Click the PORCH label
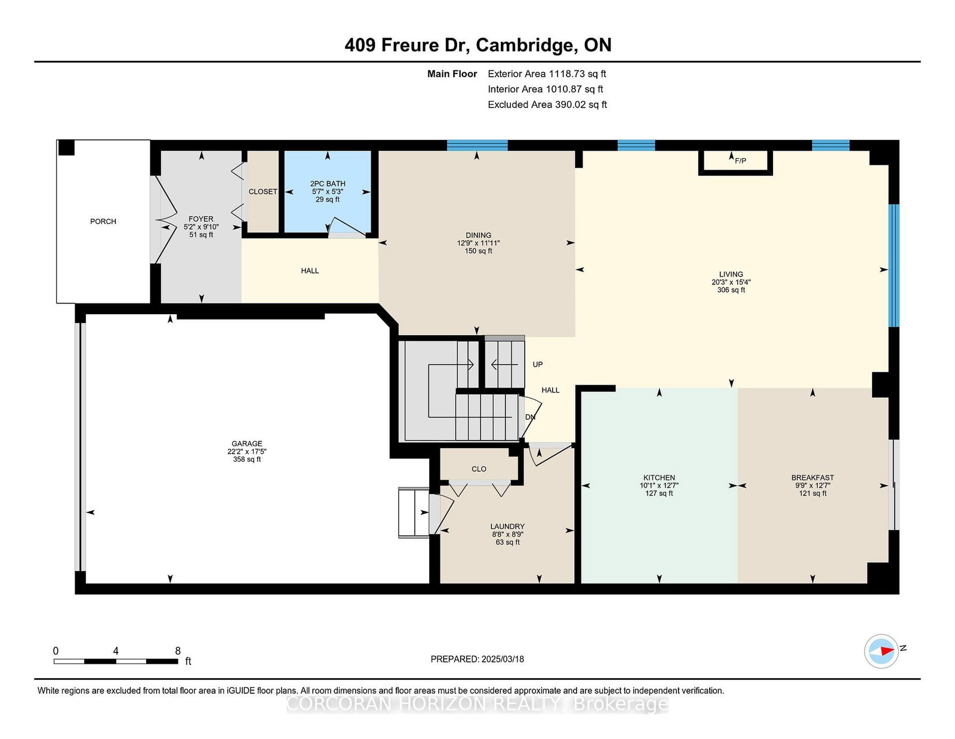103,221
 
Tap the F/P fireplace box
735,162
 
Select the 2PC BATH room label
328,183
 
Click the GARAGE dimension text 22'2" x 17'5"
247,451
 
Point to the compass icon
881,651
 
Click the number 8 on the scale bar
177,651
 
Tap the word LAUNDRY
507,526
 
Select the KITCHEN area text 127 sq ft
659,493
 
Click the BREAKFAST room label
812,477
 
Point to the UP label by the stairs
538,364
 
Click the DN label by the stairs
530,417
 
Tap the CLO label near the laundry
479,469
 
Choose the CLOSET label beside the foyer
263,191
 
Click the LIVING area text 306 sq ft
731,290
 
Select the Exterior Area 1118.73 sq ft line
547,74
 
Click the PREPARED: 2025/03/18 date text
478,659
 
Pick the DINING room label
479,235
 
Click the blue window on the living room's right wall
894,265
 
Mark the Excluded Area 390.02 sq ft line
547,105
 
